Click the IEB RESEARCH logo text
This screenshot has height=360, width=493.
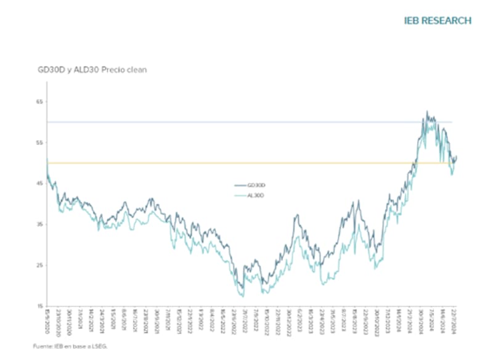[x=438, y=20]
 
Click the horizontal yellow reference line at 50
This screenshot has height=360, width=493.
[x=185, y=163]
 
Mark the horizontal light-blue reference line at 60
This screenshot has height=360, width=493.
[x=185, y=122]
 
